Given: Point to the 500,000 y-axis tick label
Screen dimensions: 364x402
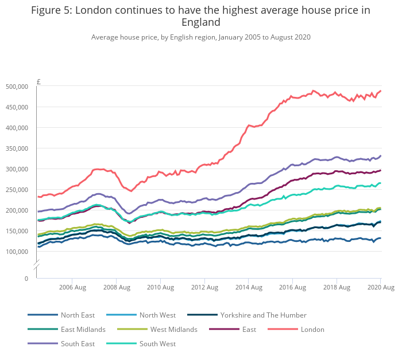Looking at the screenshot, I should [17, 87].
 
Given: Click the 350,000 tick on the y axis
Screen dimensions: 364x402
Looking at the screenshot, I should [17, 148].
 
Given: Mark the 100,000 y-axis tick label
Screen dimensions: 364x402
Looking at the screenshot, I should [17, 252].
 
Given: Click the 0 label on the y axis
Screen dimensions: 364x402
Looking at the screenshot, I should [25, 279].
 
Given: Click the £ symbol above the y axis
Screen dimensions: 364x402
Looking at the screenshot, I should [38, 81].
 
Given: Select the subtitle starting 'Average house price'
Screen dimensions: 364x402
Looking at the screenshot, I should [200, 37].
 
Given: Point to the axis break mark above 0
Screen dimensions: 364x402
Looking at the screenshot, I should [36, 265].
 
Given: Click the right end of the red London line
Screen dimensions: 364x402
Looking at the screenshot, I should [380, 91].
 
